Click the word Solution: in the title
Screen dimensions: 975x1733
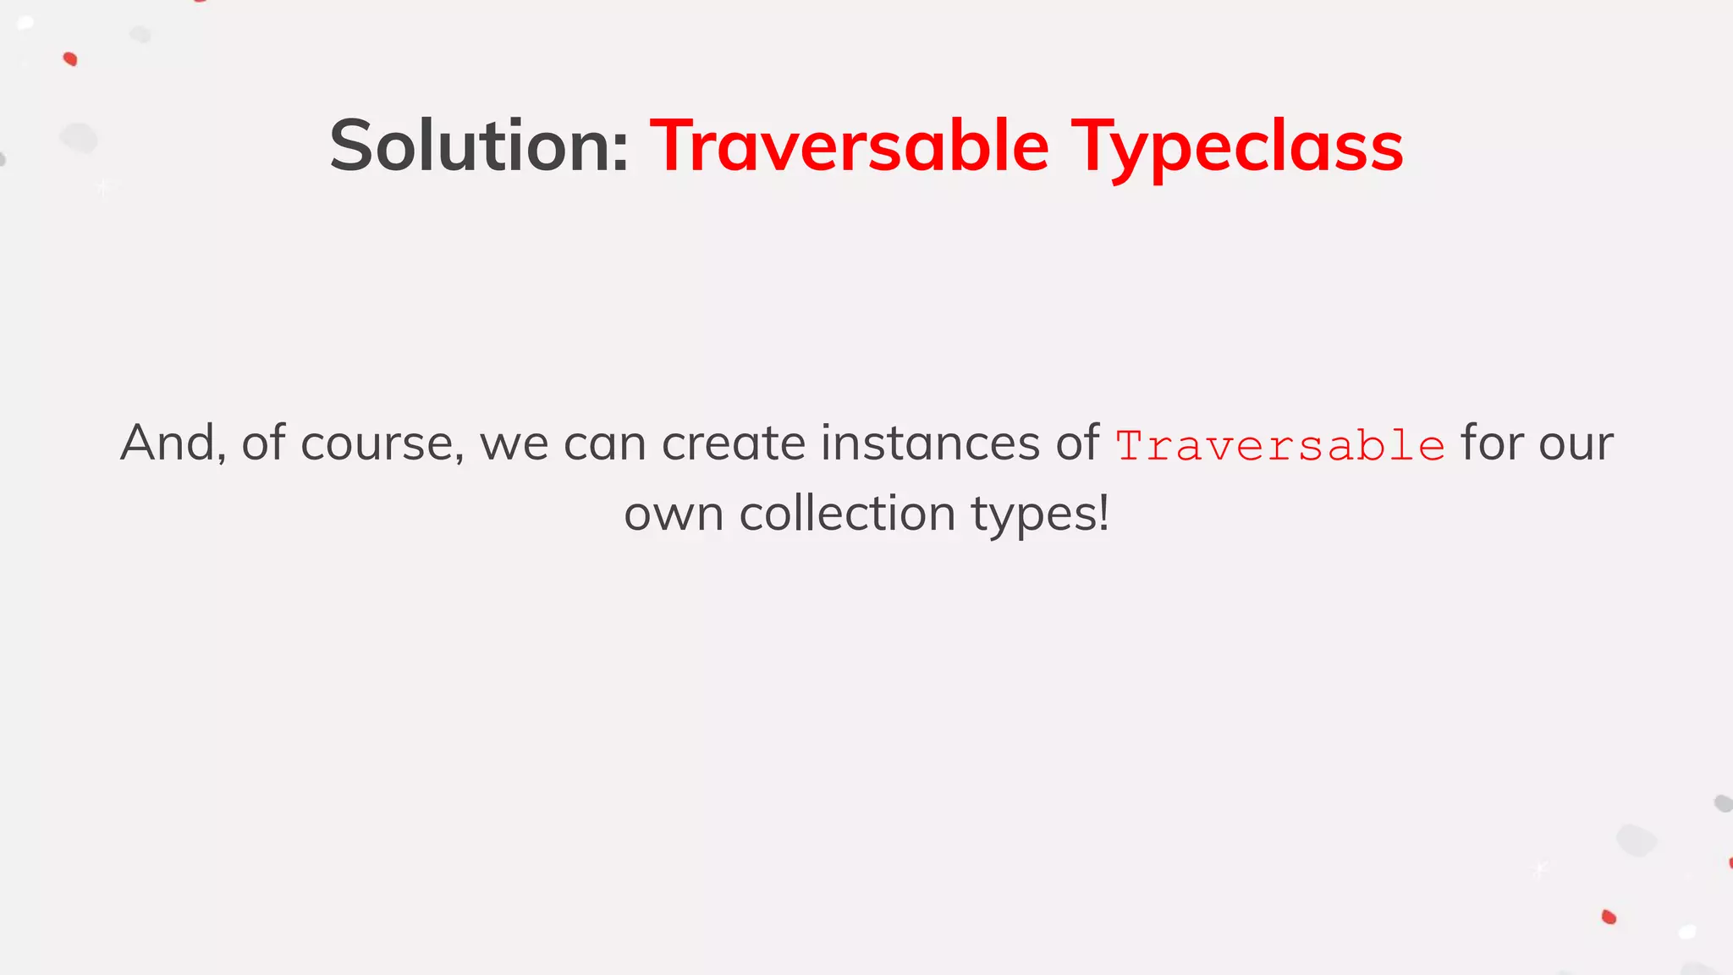point(479,146)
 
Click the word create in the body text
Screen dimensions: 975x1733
point(733,443)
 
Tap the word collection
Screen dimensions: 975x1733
point(847,514)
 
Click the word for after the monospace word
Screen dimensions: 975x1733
point(1492,443)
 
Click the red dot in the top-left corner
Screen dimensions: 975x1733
point(70,59)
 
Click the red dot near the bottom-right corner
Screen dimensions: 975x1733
point(1609,917)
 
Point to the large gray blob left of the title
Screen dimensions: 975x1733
point(79,138)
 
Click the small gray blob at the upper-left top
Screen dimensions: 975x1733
point(140,35)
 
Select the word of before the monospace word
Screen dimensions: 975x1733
point(1076,443)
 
